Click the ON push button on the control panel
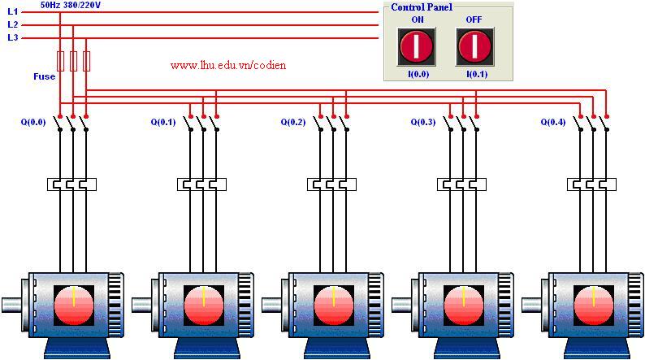[x=416, y=46]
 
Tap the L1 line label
[x=13, y=12]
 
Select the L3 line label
[x=13, y=37]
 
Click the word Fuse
[x=45, y=76]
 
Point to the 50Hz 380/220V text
[x=71, y=5]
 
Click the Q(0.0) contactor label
[x=33, y=122]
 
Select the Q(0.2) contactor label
[x=293, y=122]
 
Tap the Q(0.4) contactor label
[x=553, y=122]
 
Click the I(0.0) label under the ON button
[x=418, y=75]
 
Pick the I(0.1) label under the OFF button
[x=477, y=75]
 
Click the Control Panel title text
[x=422, y=7]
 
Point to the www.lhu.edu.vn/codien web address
[x=228, y=65]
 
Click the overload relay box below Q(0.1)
[x=201, y=184]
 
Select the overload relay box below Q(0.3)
[x=461, y=184]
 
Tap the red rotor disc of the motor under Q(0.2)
[x=334, y=306]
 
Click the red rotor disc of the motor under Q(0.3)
[x=464, y=306]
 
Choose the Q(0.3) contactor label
[x=423, y=122]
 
